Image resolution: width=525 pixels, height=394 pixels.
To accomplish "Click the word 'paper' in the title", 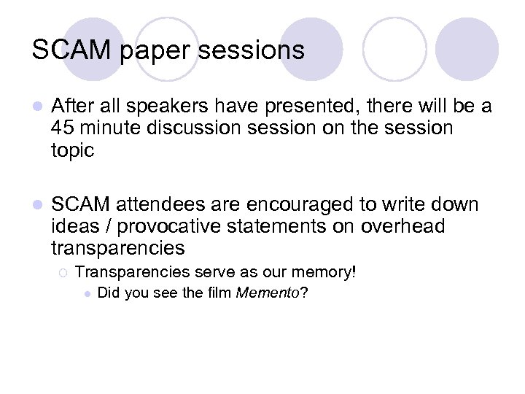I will point(144,51).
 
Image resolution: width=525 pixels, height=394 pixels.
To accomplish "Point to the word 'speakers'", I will point(148,107).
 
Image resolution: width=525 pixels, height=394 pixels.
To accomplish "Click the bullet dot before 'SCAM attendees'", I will point(37,205).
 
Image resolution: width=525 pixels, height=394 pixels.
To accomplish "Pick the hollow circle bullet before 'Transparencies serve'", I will point(63,273).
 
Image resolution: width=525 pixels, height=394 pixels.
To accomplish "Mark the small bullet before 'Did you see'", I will point(87,294).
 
